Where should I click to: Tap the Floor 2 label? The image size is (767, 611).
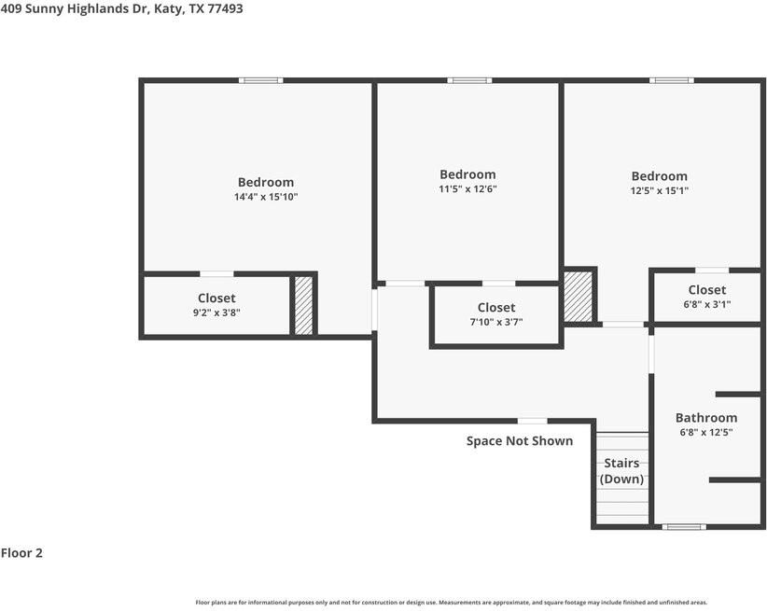coord(21,553)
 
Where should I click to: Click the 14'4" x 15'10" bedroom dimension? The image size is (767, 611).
coord(265,197)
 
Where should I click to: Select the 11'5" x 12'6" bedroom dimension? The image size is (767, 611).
coord(467,188)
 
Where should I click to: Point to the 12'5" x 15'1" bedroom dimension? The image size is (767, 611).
coord(659,190)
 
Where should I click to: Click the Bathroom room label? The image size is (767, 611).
coord(706,418)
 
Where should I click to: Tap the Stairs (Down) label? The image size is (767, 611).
coord(621,471)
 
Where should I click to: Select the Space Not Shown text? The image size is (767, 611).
coord(520,441)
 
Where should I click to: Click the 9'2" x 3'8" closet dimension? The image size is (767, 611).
coord(216,312)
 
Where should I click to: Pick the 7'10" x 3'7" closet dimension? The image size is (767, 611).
coord(495,322)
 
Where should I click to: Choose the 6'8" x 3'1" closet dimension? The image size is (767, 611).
coord(706,304)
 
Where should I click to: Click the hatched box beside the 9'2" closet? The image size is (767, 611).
coord(303,305)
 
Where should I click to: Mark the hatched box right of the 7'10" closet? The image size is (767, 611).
coord(579,297)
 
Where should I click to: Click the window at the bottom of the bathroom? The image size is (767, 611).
coord(684,527)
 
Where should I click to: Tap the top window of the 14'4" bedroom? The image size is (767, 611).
coord(260,80)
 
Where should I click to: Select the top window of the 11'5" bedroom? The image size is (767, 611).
coord(469,80)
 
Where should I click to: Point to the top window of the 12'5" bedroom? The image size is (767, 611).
coord(672,80)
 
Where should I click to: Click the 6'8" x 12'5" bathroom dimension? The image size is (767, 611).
coord(706,432)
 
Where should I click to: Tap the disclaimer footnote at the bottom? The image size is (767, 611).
coord(452,603)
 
